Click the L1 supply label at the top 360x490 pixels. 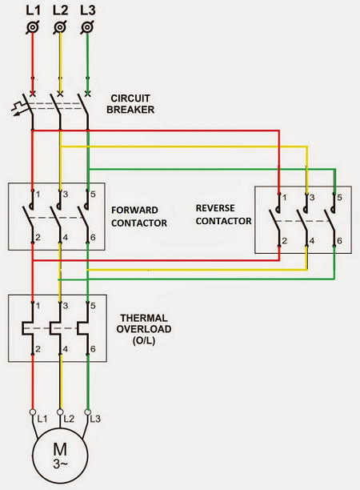click(x=33, y=10)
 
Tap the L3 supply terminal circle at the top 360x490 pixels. click(x=87, y=27)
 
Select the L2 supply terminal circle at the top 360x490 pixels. click(x=60, y=27)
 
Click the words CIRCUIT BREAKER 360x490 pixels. click(x=130, y=104)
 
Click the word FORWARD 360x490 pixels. click(x=134, y=210)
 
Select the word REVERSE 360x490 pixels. click(x=215, y=208)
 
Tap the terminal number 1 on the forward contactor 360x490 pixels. click(x=38, y=195)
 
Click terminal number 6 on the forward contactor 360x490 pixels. click(x=93, y=238)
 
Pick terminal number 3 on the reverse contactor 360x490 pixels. click(x=312, y=198)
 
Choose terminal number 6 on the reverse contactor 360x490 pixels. click(x=339, y=241)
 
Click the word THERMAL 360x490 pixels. click(x=144, y=318)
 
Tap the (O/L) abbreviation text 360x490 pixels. click(x=144, y=340)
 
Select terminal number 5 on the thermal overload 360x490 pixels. click(x=93, y=306)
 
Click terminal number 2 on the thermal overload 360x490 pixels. click(x=38, y=349)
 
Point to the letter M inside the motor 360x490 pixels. click(x=60, y=450)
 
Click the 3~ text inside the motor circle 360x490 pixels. click(x=60, y=464)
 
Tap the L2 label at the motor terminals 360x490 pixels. click(x=69, y=419)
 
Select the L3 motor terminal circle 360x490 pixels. click(x=88, y=412)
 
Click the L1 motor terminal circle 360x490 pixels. click(x=33, y=412)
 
